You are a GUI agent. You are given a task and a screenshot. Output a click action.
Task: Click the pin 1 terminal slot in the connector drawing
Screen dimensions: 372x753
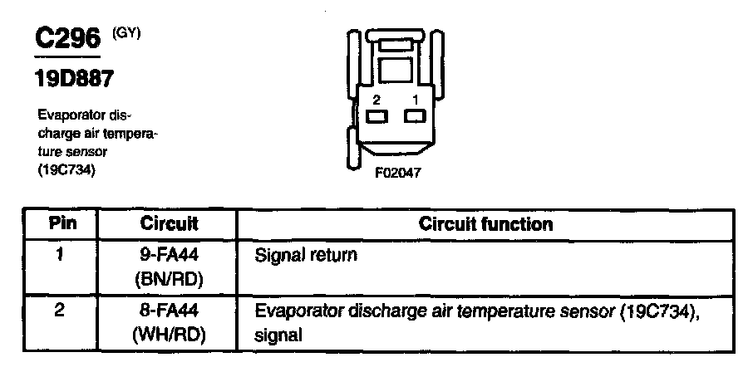[x=414, y=117]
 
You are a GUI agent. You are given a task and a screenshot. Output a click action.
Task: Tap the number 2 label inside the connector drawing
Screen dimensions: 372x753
[x=376, y=100]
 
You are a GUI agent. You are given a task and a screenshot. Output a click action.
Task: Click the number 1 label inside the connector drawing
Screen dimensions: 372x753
[x=414, y=100]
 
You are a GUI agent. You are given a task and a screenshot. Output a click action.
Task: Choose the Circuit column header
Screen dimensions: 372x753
[x=169, y=224]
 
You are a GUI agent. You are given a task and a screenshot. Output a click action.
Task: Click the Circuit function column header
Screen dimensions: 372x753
[x=486, y=224]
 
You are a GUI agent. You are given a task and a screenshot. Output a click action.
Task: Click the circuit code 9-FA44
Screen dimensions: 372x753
[x=169, y=255]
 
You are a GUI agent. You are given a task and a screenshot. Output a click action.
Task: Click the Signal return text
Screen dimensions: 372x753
[x=307, y=255]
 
